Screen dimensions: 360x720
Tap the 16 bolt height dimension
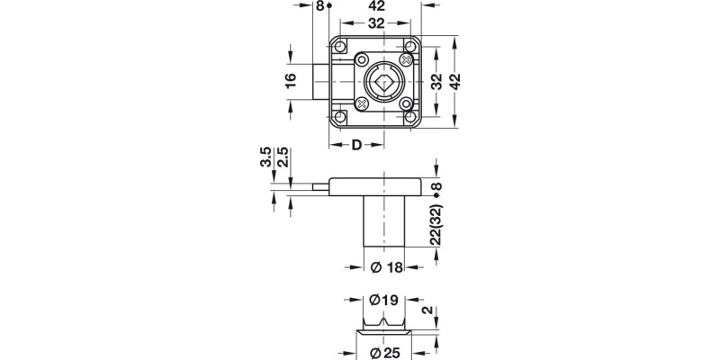290,81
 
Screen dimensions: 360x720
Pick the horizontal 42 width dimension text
378,7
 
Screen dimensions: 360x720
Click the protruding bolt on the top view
320,81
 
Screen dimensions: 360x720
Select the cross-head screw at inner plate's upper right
407,59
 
